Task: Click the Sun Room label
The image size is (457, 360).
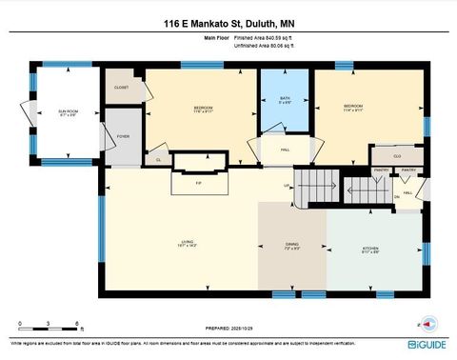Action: [x=67, y=113]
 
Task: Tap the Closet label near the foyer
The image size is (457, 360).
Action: [x=121, y=87]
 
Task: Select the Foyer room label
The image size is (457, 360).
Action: [x=123, y=136]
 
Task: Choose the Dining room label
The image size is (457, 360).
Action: [x=292, y=247]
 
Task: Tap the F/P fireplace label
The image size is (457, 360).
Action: [x=199, y=182]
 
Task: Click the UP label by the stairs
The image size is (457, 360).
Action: [x=286, y=185]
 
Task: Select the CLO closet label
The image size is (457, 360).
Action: [x=396, y=153]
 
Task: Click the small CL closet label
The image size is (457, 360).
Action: [x=157, y=160]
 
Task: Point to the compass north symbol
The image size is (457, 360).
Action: [x=428, y=322]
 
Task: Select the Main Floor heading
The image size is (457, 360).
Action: [x=218, y=36]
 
